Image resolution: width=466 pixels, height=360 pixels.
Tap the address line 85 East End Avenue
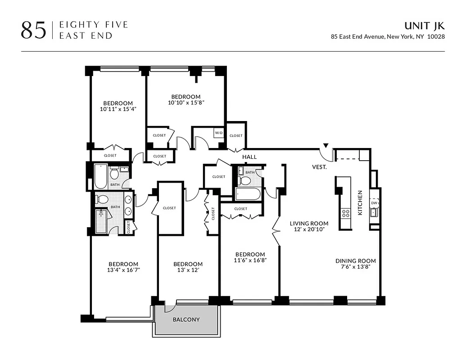(x=388, y=37)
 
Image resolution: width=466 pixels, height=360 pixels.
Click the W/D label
(x=219, y=133)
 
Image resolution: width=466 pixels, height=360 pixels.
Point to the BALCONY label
(x=186, y=319)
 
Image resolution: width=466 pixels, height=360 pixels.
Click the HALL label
(x=249, y=157)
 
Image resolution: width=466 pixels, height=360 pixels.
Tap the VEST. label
(x=319, y=166)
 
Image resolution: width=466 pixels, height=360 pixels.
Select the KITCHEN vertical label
(x=360, y=202)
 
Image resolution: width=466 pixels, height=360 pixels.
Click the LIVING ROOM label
(x=309, y=223)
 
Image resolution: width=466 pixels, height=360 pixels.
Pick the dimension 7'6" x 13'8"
(x=355, y=266)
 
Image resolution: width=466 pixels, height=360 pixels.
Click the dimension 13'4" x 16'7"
(x=123, y=270)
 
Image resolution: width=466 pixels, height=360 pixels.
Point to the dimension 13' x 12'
(x=188, y=270)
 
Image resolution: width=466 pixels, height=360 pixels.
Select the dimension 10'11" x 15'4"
(x=118, y=109)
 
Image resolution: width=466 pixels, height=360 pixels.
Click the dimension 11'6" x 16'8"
(x=250, y=260)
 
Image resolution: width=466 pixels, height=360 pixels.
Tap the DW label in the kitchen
(x=373, y=203)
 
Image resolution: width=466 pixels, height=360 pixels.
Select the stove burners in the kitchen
(x=346, y=213)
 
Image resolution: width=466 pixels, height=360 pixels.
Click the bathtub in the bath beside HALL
(x=247, y=194)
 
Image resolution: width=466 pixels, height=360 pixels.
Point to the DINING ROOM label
(x=355, y=261)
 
